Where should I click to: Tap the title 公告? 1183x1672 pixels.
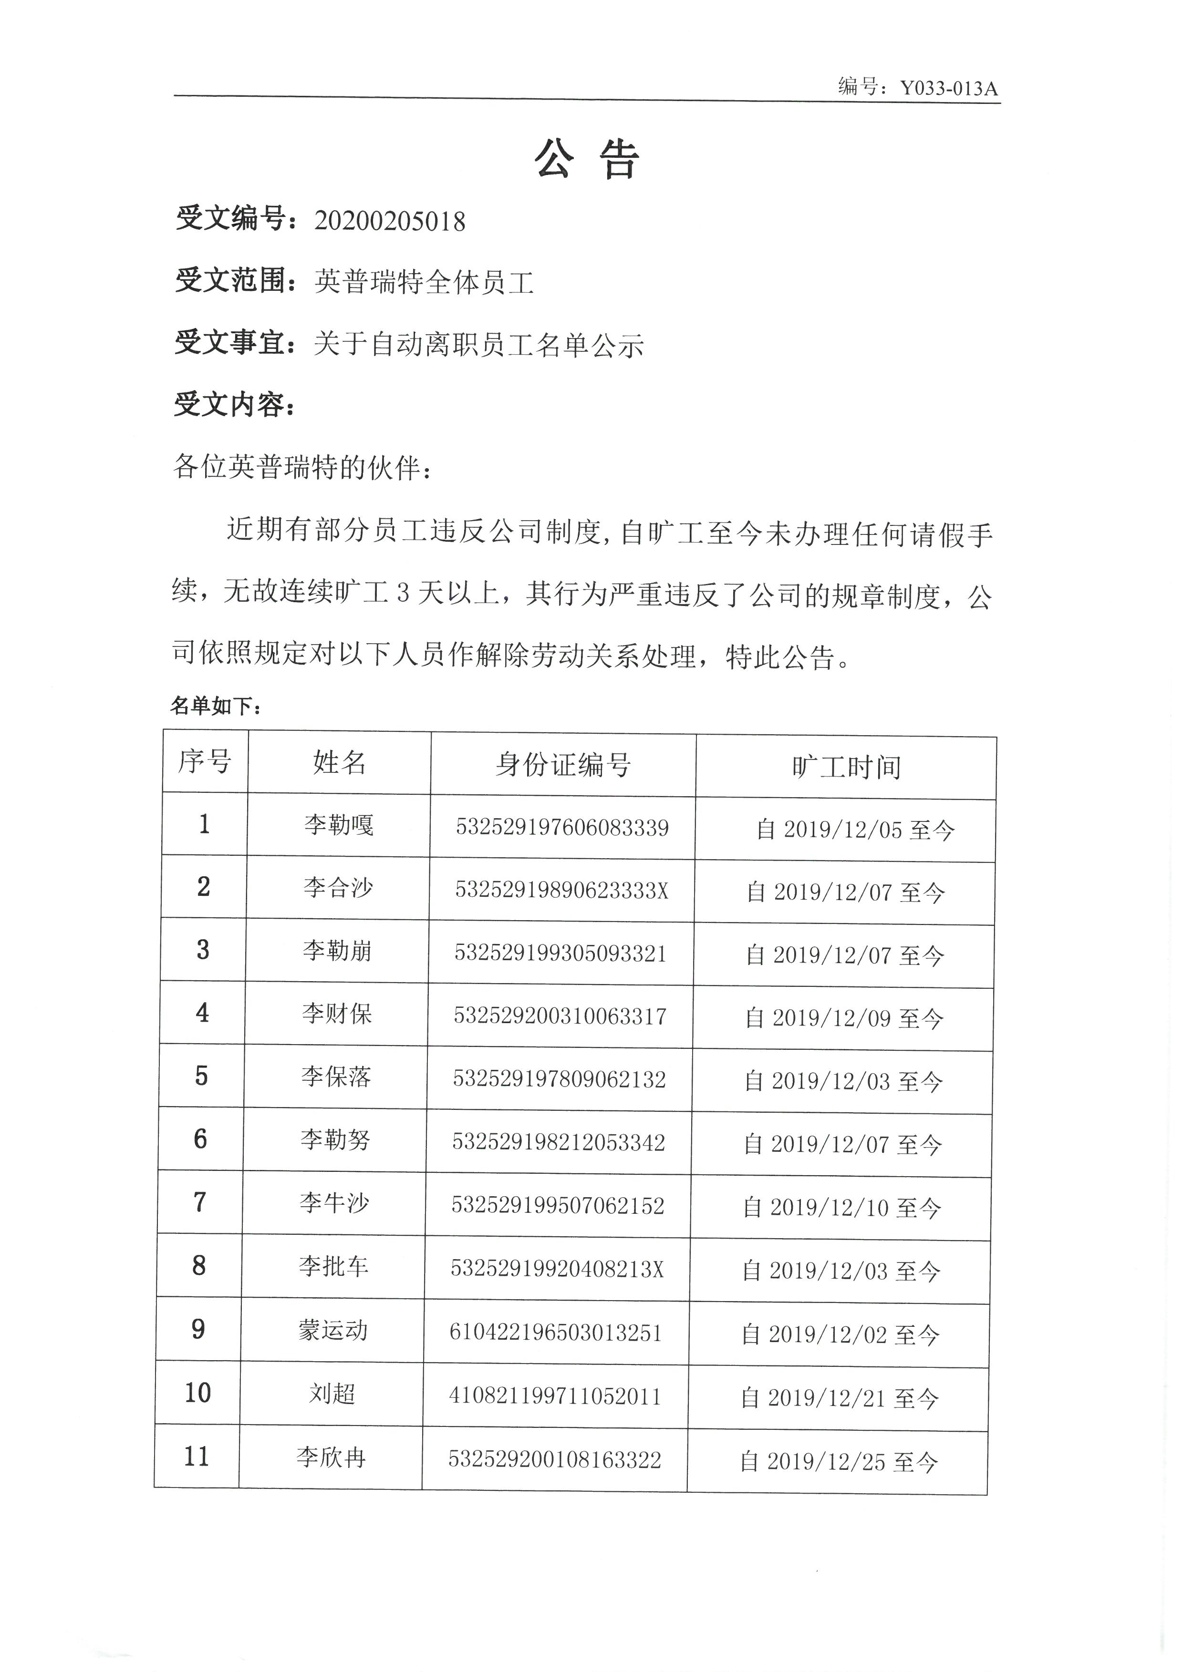587,159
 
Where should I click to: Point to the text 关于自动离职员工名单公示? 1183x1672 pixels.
478,344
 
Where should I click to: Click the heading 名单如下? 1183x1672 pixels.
216,705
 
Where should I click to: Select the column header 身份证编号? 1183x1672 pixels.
562,765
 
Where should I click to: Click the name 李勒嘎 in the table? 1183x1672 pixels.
339,825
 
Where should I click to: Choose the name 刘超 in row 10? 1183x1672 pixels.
332,1394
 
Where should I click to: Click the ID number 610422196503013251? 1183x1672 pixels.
555,1333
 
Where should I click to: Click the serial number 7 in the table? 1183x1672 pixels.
199,1202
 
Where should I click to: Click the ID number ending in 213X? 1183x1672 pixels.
557,1269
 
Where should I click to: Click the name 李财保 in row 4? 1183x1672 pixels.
337,1014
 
